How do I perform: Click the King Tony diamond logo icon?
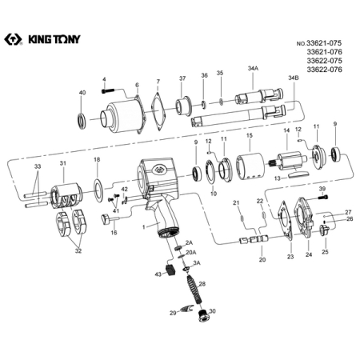[x=13, y=39]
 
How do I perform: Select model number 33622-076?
[x=324, y=70]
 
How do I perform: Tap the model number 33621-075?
[x=324, y=43]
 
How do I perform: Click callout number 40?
[x=82, y=93]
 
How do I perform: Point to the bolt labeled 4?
[x=108, y=91]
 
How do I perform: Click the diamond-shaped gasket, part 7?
[x=158, y=112]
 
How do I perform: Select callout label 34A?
[x=253, y=68]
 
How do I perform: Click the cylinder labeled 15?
[x=250, y=166]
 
